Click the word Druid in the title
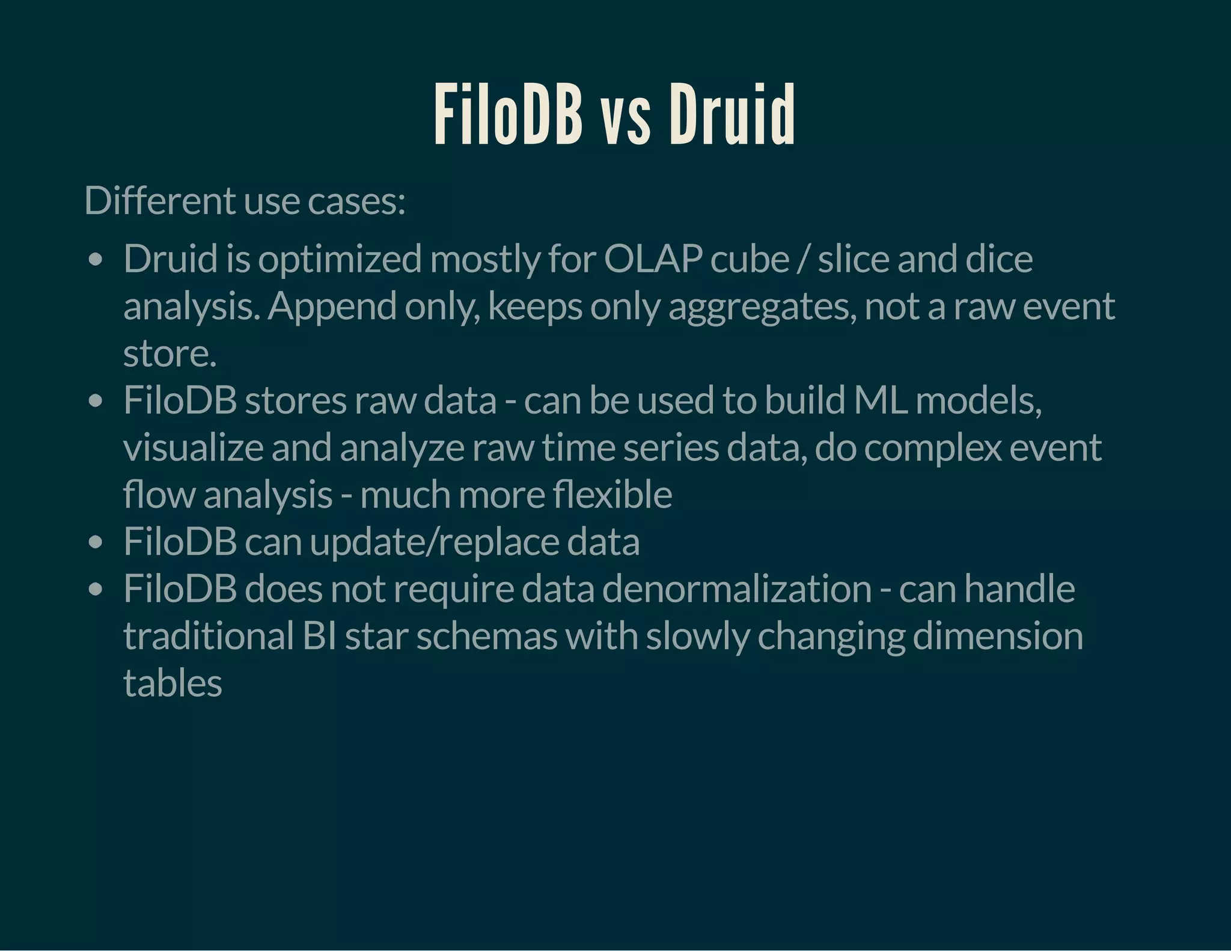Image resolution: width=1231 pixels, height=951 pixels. point(732,114)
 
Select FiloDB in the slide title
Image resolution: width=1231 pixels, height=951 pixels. point(508,114)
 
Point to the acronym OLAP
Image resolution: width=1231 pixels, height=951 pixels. point(653,259)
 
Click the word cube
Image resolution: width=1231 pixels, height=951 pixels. point(750,259)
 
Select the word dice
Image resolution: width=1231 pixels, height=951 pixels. point(999,259)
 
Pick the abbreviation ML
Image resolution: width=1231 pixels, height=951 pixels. point(880,400)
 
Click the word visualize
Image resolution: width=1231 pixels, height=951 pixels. point(193,448)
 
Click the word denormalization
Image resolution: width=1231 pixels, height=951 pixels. point(736,589)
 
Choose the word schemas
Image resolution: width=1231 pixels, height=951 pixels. point(487,636)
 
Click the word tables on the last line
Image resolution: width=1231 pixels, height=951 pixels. point(173,683)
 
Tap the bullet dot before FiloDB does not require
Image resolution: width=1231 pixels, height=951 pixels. point(95,590)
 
